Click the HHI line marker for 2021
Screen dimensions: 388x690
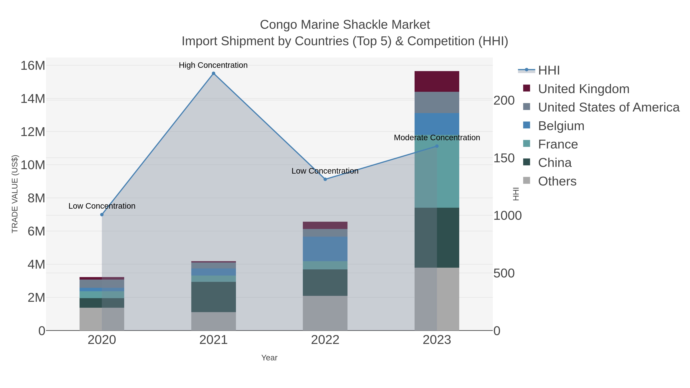click(x=214, y=73)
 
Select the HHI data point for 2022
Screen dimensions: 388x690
click(x=325, y=179)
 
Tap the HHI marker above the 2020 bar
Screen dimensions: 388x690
click(x=102, y=214)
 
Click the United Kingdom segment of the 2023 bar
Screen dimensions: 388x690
click(x=437, y=81)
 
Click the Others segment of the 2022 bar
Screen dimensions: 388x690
click(x=325, y=313)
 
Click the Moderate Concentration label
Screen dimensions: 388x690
click(x=437, y=138)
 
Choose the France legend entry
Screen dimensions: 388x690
click(x=558, y=144)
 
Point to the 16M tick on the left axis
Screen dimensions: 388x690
click(x=33, y=66)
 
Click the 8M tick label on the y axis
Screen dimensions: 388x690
click(x=36, y=198)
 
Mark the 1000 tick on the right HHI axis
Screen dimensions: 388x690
click(x=507, y=216)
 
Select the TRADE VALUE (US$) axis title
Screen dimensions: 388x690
click(x=15, y=194)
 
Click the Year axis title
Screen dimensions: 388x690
click(x=269, y=358)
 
